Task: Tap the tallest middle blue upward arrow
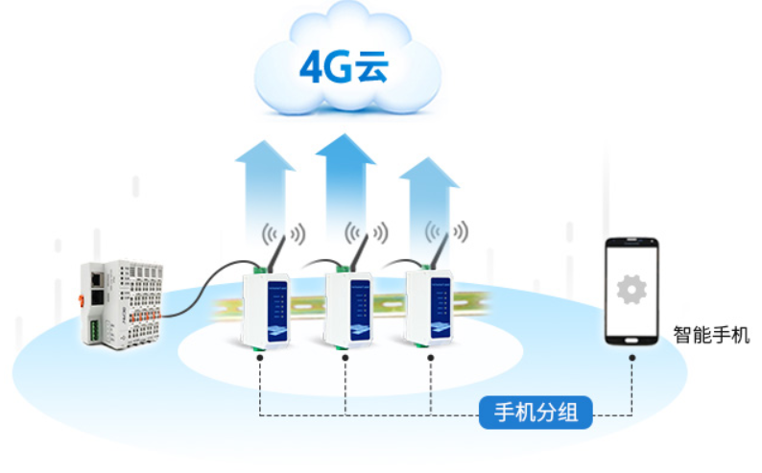(345, 182)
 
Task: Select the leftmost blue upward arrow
(265, 187)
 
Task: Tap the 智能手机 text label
(711, 336)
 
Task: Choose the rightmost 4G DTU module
(428, 304)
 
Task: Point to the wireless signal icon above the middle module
(367, 232)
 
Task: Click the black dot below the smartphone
(631, 357)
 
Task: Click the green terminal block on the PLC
(97, 329)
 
